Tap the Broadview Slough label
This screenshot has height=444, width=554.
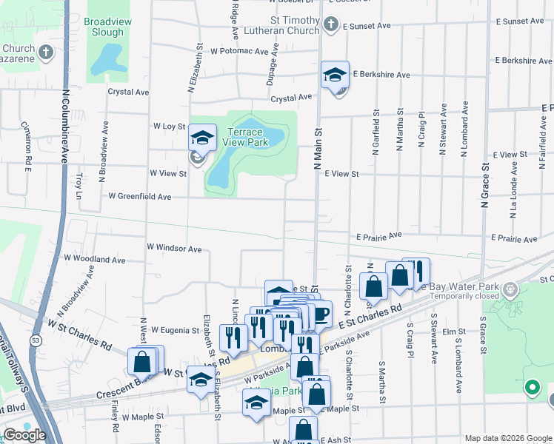pyautogui.click(x=108, y=27)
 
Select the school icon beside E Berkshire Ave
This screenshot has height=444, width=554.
pyautogui.click(x=335, y=75)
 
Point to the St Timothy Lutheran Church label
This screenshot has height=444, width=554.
pyautogui.click(x=295, y=26)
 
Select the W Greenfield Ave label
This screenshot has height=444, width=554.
pyautogui.click(x=140, y=197)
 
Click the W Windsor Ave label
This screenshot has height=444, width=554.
pyautogui.click(x=174, y=249)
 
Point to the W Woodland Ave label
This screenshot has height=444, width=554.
pyautogui.click(x=95, y=260)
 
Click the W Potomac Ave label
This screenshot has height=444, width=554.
pyautogui.click(x=239, y=52)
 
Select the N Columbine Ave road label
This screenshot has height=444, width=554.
pyautogui.click(x=65, y=121)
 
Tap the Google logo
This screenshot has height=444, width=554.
pyautogui.click(x=24, y=435)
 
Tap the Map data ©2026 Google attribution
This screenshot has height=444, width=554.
pyautogui.click(x=507, y=438)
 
